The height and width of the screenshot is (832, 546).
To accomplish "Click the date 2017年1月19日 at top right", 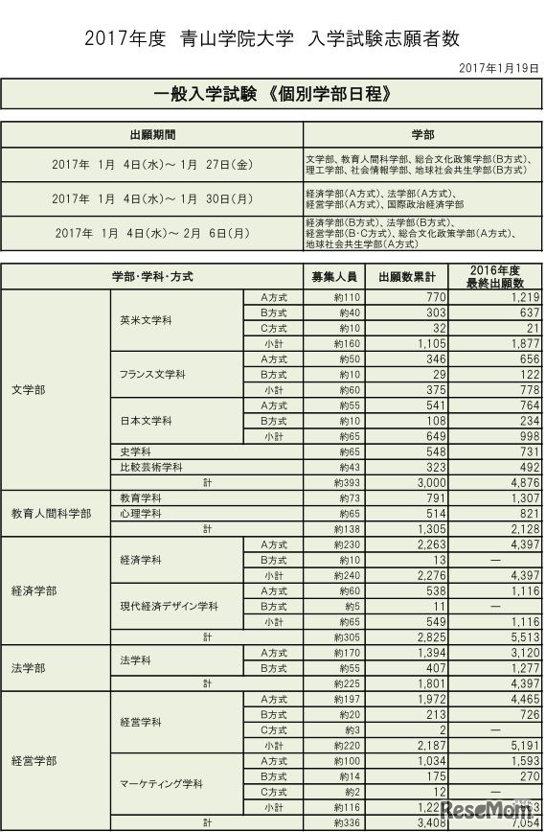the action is (500, 68).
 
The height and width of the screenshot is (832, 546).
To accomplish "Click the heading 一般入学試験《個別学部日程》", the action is (272, 95).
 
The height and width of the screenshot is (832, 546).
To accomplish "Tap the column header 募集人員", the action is (334, 277).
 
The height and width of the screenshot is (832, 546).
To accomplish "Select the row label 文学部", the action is (28, 390).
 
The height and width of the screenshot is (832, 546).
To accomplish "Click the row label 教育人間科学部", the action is (52, 514).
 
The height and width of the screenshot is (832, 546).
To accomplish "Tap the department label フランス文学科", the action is (153, 374).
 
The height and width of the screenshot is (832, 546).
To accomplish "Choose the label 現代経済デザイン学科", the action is (170, 607).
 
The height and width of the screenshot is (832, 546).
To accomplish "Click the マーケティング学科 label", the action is (161, 783).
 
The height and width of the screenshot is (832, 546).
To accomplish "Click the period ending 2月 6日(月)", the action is (152, 233).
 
